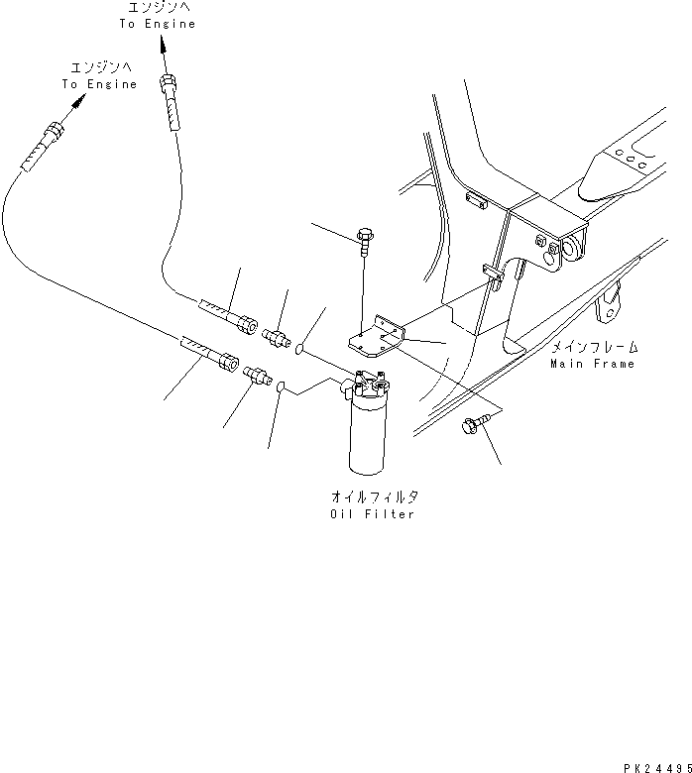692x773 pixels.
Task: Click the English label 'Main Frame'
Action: point(593,364)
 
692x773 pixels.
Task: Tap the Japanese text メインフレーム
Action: point(595,348)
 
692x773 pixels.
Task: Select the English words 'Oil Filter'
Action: point(373,514)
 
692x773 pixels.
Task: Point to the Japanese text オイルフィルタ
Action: point(373,498)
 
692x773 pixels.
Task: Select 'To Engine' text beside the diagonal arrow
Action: point(98,84)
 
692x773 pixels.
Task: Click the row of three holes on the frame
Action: point(626,155)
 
